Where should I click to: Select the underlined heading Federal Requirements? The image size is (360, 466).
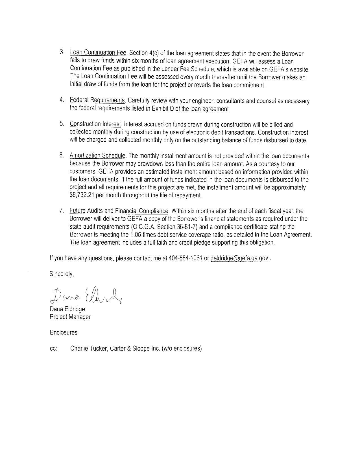click(x=97, y=100)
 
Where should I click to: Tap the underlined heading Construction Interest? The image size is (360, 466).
click(x=95, y=124)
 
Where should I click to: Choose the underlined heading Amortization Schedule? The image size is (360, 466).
click(x=97, y=156)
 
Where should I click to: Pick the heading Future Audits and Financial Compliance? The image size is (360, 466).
click(x=119, y=211)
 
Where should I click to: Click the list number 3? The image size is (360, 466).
click(x=62, y=52)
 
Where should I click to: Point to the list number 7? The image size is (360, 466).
click(x=61, y=211)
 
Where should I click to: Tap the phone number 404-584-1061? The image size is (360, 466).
click(x=185, y=258)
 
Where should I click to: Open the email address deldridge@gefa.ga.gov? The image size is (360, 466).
click(x=239, y=258)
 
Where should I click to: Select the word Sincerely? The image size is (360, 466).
click(x=62, y=274)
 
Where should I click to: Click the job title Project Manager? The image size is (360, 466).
click(x=70, y=317)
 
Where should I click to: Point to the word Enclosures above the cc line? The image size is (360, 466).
click(x=64, y=332)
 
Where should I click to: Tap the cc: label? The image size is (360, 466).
click(x=53, y=349)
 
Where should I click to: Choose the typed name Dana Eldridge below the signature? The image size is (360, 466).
click(x=67, y=309)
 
